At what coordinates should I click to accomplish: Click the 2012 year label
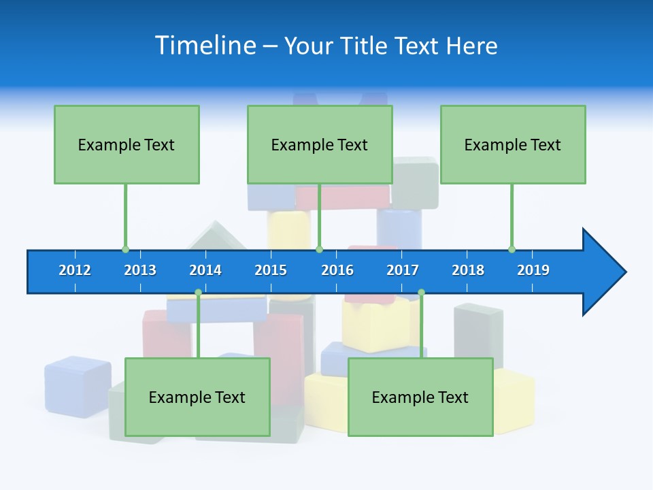pyautogui.click(x=75, y=270)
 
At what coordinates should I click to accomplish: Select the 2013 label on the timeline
pyautogui.click(x=140, y=270)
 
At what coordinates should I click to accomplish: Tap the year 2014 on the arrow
pyautogui.click(x=205, y=270)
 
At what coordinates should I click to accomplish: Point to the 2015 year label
pyautogui.click(x=271, y=270)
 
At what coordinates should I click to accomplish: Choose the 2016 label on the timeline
pyautogui.click(x=337, y=270)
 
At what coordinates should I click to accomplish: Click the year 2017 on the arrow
pyautogui.click(x=403, y=270)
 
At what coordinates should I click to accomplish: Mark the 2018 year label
pyautogui.click(x=468, y=270)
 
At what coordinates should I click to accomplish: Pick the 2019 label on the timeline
pyautogui.click(x=533, y=270)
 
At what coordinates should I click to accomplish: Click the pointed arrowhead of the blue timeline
pyautogui.click(x=605, y=272)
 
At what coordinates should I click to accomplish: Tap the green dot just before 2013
pyautogui.click(x=125, y=249)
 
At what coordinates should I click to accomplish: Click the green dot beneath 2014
pyautogui.click(x=198, y=293)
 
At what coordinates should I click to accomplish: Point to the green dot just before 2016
pyautogui.click(x=320, y=249)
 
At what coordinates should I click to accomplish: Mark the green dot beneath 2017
pyautogui.click(x=421, y=293)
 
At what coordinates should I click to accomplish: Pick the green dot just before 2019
pyautogui.click(x=512, y=249)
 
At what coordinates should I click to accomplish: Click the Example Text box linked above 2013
pyautogui.click(x=127, y=144)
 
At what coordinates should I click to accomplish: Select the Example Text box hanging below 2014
pyautogui.click(x=197, y=397)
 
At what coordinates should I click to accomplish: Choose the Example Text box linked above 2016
pyautogui.click(x=320, y=144)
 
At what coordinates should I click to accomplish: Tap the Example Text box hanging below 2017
pyautogui.click(x=420, y=397)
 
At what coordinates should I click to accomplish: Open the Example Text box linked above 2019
pyautogui.click(x=513, y=144)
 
